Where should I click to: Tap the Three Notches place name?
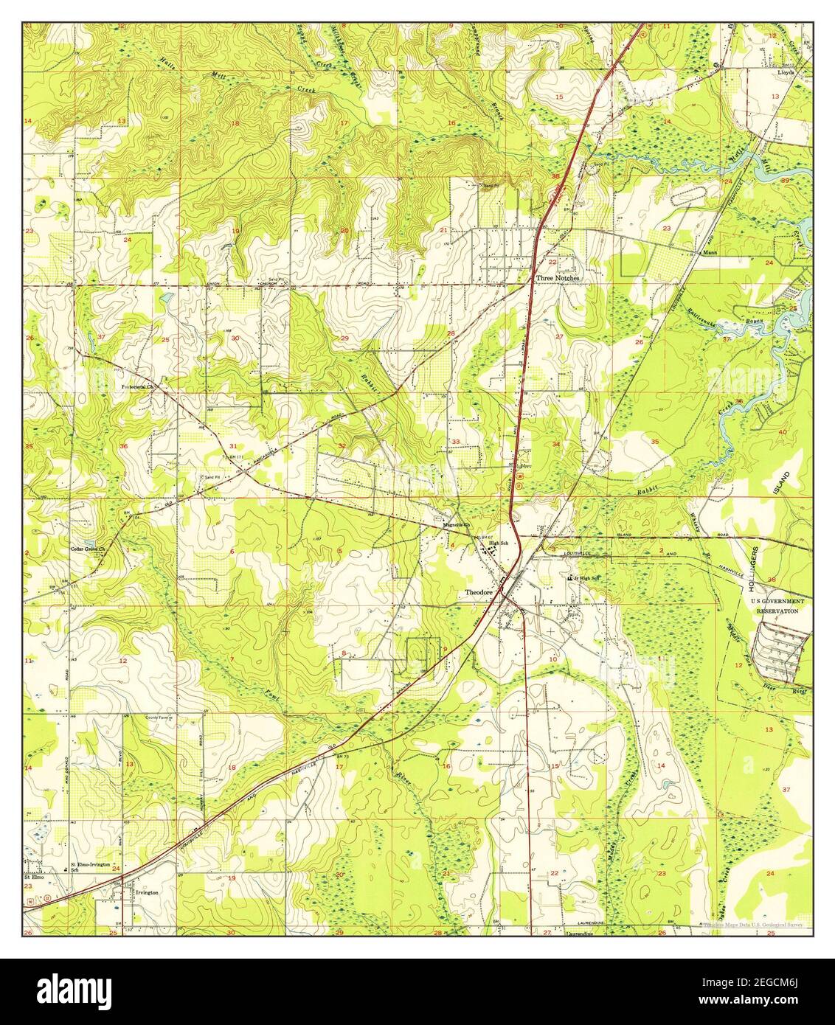click(x=558, y=278)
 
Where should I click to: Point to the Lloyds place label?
click(x=784, y=73)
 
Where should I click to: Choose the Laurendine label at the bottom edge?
click(x=581, y=932)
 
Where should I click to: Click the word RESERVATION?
click(x=777, y=611)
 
